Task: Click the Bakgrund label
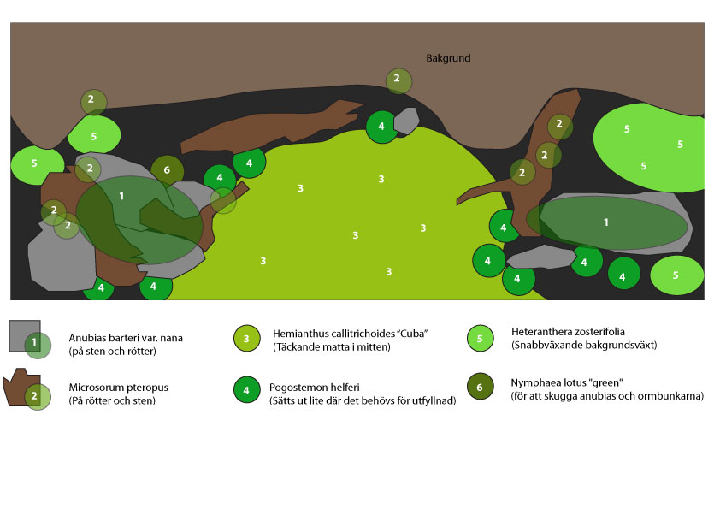pyautogui.click(x=448, y=58)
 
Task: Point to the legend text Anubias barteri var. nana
pyautogui.click(x=126, y=338)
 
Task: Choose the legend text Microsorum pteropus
pyautogui.click(x=118, y=388)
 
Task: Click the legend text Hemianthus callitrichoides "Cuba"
pyautogui.click(x=350, y=334)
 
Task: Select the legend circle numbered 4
pyautogui.click(x=247, y=389)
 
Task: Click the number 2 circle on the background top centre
pyautogui.click(x=398, y=80)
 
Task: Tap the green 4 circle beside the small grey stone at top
pyautogui.click(x=381, y=127)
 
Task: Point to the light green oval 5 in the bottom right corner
pyautogui.click(x=676, y=275)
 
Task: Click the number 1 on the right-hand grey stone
pyautogui.click(x=606, y=222)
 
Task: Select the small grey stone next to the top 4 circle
pyautogui.click(x=407, y=120)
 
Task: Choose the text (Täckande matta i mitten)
pyautogui.click(x=331, y=346)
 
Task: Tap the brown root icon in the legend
pyautogui.click(x=21, y=387)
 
